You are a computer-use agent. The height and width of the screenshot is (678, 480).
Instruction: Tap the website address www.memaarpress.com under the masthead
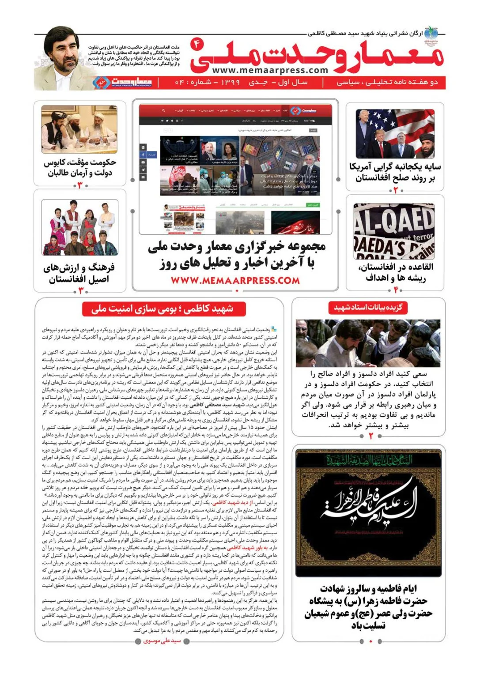[270, 70]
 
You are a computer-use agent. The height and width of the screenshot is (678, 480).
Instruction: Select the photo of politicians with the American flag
[395, 134]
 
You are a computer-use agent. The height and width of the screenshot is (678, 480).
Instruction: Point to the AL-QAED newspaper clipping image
[394, 231]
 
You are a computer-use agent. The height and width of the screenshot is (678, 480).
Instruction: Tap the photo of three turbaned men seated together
[79, 129]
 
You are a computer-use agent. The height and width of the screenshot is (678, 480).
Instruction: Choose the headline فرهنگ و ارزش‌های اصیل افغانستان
[79, 273]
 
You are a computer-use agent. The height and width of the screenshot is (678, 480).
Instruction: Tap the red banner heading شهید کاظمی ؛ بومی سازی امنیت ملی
[163, 309]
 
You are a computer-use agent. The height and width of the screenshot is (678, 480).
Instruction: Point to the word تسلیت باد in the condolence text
[368, 625]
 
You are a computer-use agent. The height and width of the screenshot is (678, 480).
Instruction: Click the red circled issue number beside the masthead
[196, 44]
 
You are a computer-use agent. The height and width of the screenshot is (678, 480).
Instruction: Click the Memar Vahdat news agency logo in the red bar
[122, 82]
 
